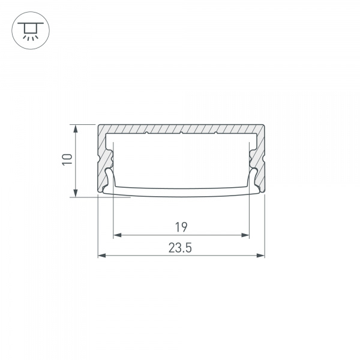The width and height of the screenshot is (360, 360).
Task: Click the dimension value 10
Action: [x=67, y=160]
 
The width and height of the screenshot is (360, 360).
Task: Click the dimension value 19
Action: [x=181, y=227]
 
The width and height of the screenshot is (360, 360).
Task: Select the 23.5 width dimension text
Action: [x=180, y=248]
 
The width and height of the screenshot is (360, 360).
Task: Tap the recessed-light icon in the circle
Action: [x=31, y=31]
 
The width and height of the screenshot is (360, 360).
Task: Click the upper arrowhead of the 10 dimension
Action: [x=76, y=128]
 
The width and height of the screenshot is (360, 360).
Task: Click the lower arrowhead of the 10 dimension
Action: [x=76, y=193]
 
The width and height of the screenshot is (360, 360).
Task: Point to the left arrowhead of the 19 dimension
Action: [x=118, y=235]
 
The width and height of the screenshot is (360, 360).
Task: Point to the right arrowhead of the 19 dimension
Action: [x=245, y=235]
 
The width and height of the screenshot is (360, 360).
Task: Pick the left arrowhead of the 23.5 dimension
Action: [x=102, y=256]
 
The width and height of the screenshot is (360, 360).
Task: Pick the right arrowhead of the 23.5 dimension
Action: [x=260, y=256]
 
